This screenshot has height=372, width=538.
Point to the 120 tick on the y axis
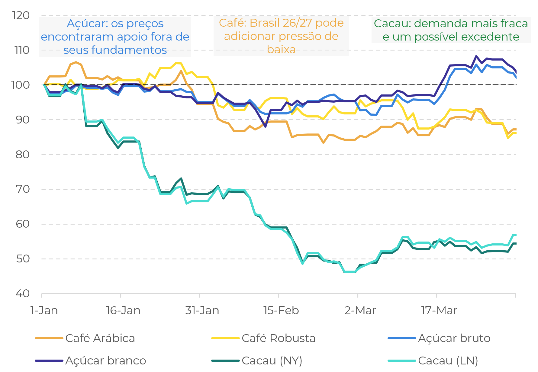[x=21, y=15]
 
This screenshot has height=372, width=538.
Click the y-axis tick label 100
[x=21, y=85]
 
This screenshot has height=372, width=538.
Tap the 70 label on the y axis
[x=23, y=189]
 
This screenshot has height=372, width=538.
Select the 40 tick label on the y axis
[x=23, y=293]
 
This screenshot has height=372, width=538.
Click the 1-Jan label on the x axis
[x=44, y=310]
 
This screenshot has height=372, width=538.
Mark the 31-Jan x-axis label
[x=202, y=310]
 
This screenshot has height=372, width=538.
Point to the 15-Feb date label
[x=281, y=310]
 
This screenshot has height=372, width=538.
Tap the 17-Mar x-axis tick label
[x=439, y=310]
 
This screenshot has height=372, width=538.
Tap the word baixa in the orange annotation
[x=281, y=49]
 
